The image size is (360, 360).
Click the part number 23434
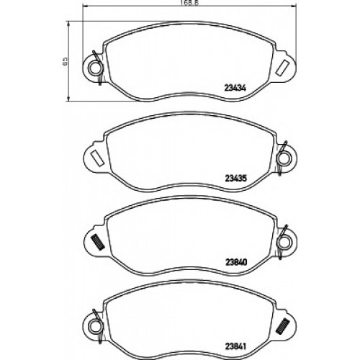tap(235, 88)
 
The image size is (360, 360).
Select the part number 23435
tap(235, 179)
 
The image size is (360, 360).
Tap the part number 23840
tap(236, 262)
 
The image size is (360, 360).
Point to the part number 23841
tap(235, 346)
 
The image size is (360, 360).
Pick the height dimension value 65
tap(65, 61)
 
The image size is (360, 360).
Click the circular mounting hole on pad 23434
tap(94, 68)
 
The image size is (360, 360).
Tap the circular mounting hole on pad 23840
tap(283, 242)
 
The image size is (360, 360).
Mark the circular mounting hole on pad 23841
tap(94, 326)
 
